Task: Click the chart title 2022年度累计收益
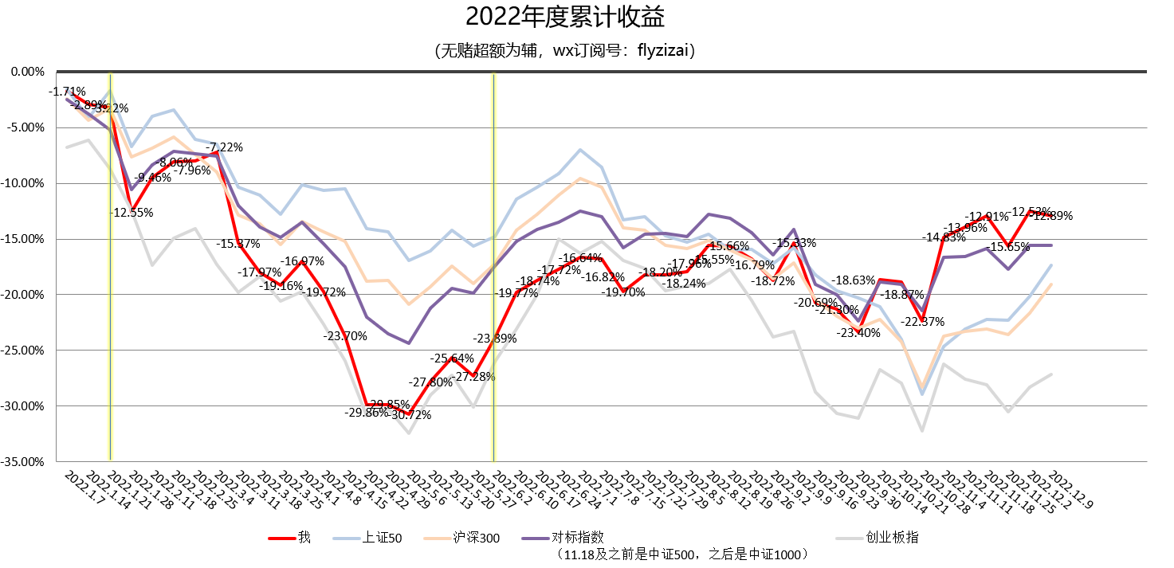click(x=564, y=17)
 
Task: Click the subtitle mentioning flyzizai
click(x=564, y=52)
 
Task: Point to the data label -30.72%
click(x=410, y=415)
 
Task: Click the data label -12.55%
click(x=132, y=213)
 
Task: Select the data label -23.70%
click(x=345, y=336)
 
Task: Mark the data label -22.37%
click(x=923, y=322)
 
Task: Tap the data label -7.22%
click(x=224, y=147)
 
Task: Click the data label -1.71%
click(x=67, y=92)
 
